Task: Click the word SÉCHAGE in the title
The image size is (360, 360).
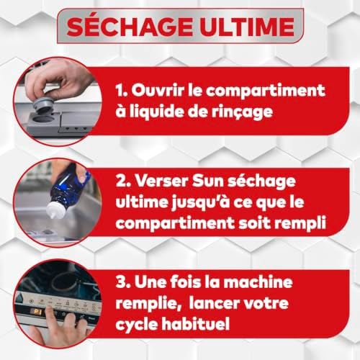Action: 130,27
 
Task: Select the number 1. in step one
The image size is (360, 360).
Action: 122,91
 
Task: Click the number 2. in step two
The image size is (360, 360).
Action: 123,181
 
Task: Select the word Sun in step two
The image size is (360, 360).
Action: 208,181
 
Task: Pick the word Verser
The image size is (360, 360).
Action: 161,181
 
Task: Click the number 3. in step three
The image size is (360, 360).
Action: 123,282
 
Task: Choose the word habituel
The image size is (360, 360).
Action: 195,323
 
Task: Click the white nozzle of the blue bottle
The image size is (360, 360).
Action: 55,210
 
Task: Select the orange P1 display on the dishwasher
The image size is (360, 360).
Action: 37,312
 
